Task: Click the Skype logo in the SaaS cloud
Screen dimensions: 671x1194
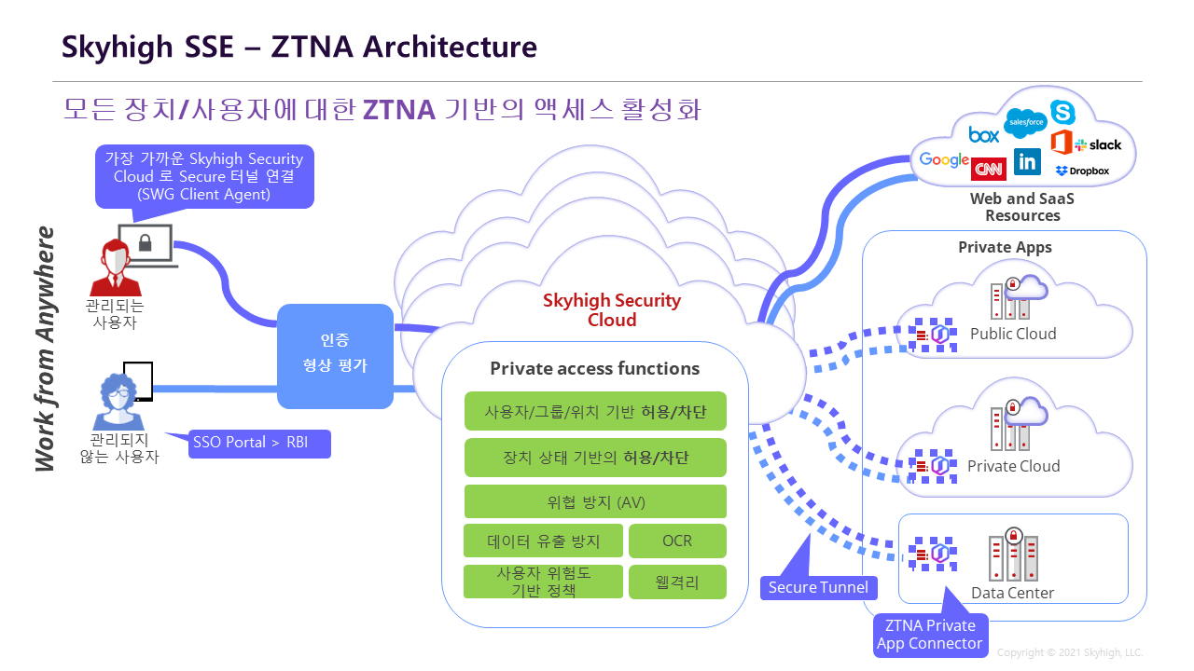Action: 1062,113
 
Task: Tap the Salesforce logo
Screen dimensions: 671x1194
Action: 1025,122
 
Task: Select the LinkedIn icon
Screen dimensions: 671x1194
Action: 1027,162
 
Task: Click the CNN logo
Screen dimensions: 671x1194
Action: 987,169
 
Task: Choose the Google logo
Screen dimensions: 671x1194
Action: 944,159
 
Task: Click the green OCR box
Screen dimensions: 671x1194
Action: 677,541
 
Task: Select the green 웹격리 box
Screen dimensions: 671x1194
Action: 677,582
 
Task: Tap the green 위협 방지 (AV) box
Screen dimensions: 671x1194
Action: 595,501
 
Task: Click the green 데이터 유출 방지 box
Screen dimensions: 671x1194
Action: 543,541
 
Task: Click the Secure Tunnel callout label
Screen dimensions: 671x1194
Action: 819,587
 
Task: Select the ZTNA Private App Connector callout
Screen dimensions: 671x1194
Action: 930,635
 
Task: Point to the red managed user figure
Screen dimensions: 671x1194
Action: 115,268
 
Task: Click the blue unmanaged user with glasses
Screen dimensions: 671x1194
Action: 118,403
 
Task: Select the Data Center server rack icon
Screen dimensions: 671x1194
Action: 1012,556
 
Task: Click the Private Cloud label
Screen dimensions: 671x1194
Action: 1013,466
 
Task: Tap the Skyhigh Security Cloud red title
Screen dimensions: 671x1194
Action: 612,310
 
